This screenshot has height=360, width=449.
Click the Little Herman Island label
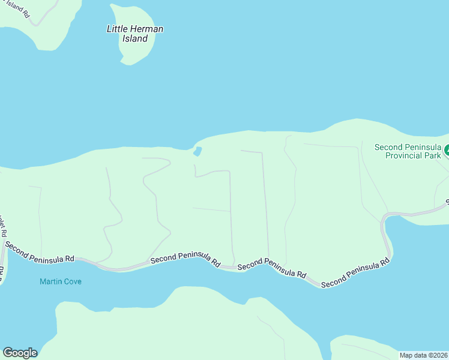pos(134,34)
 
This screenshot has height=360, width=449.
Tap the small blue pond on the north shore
pos(197,151)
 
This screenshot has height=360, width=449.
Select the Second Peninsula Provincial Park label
pos(408,151)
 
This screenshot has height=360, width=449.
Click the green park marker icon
pos(446,148)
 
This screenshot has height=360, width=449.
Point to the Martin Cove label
pos(60,281)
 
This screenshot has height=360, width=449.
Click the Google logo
pos(20,353)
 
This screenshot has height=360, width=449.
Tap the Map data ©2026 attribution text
pos(423,355)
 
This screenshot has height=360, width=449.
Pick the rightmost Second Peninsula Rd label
pos(355,274)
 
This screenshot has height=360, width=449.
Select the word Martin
pos(50,281)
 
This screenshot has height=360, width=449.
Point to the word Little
pos(116,29)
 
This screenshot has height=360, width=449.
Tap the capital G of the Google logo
pos(8,353)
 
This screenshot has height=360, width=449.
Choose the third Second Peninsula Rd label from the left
pos(272,268)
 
